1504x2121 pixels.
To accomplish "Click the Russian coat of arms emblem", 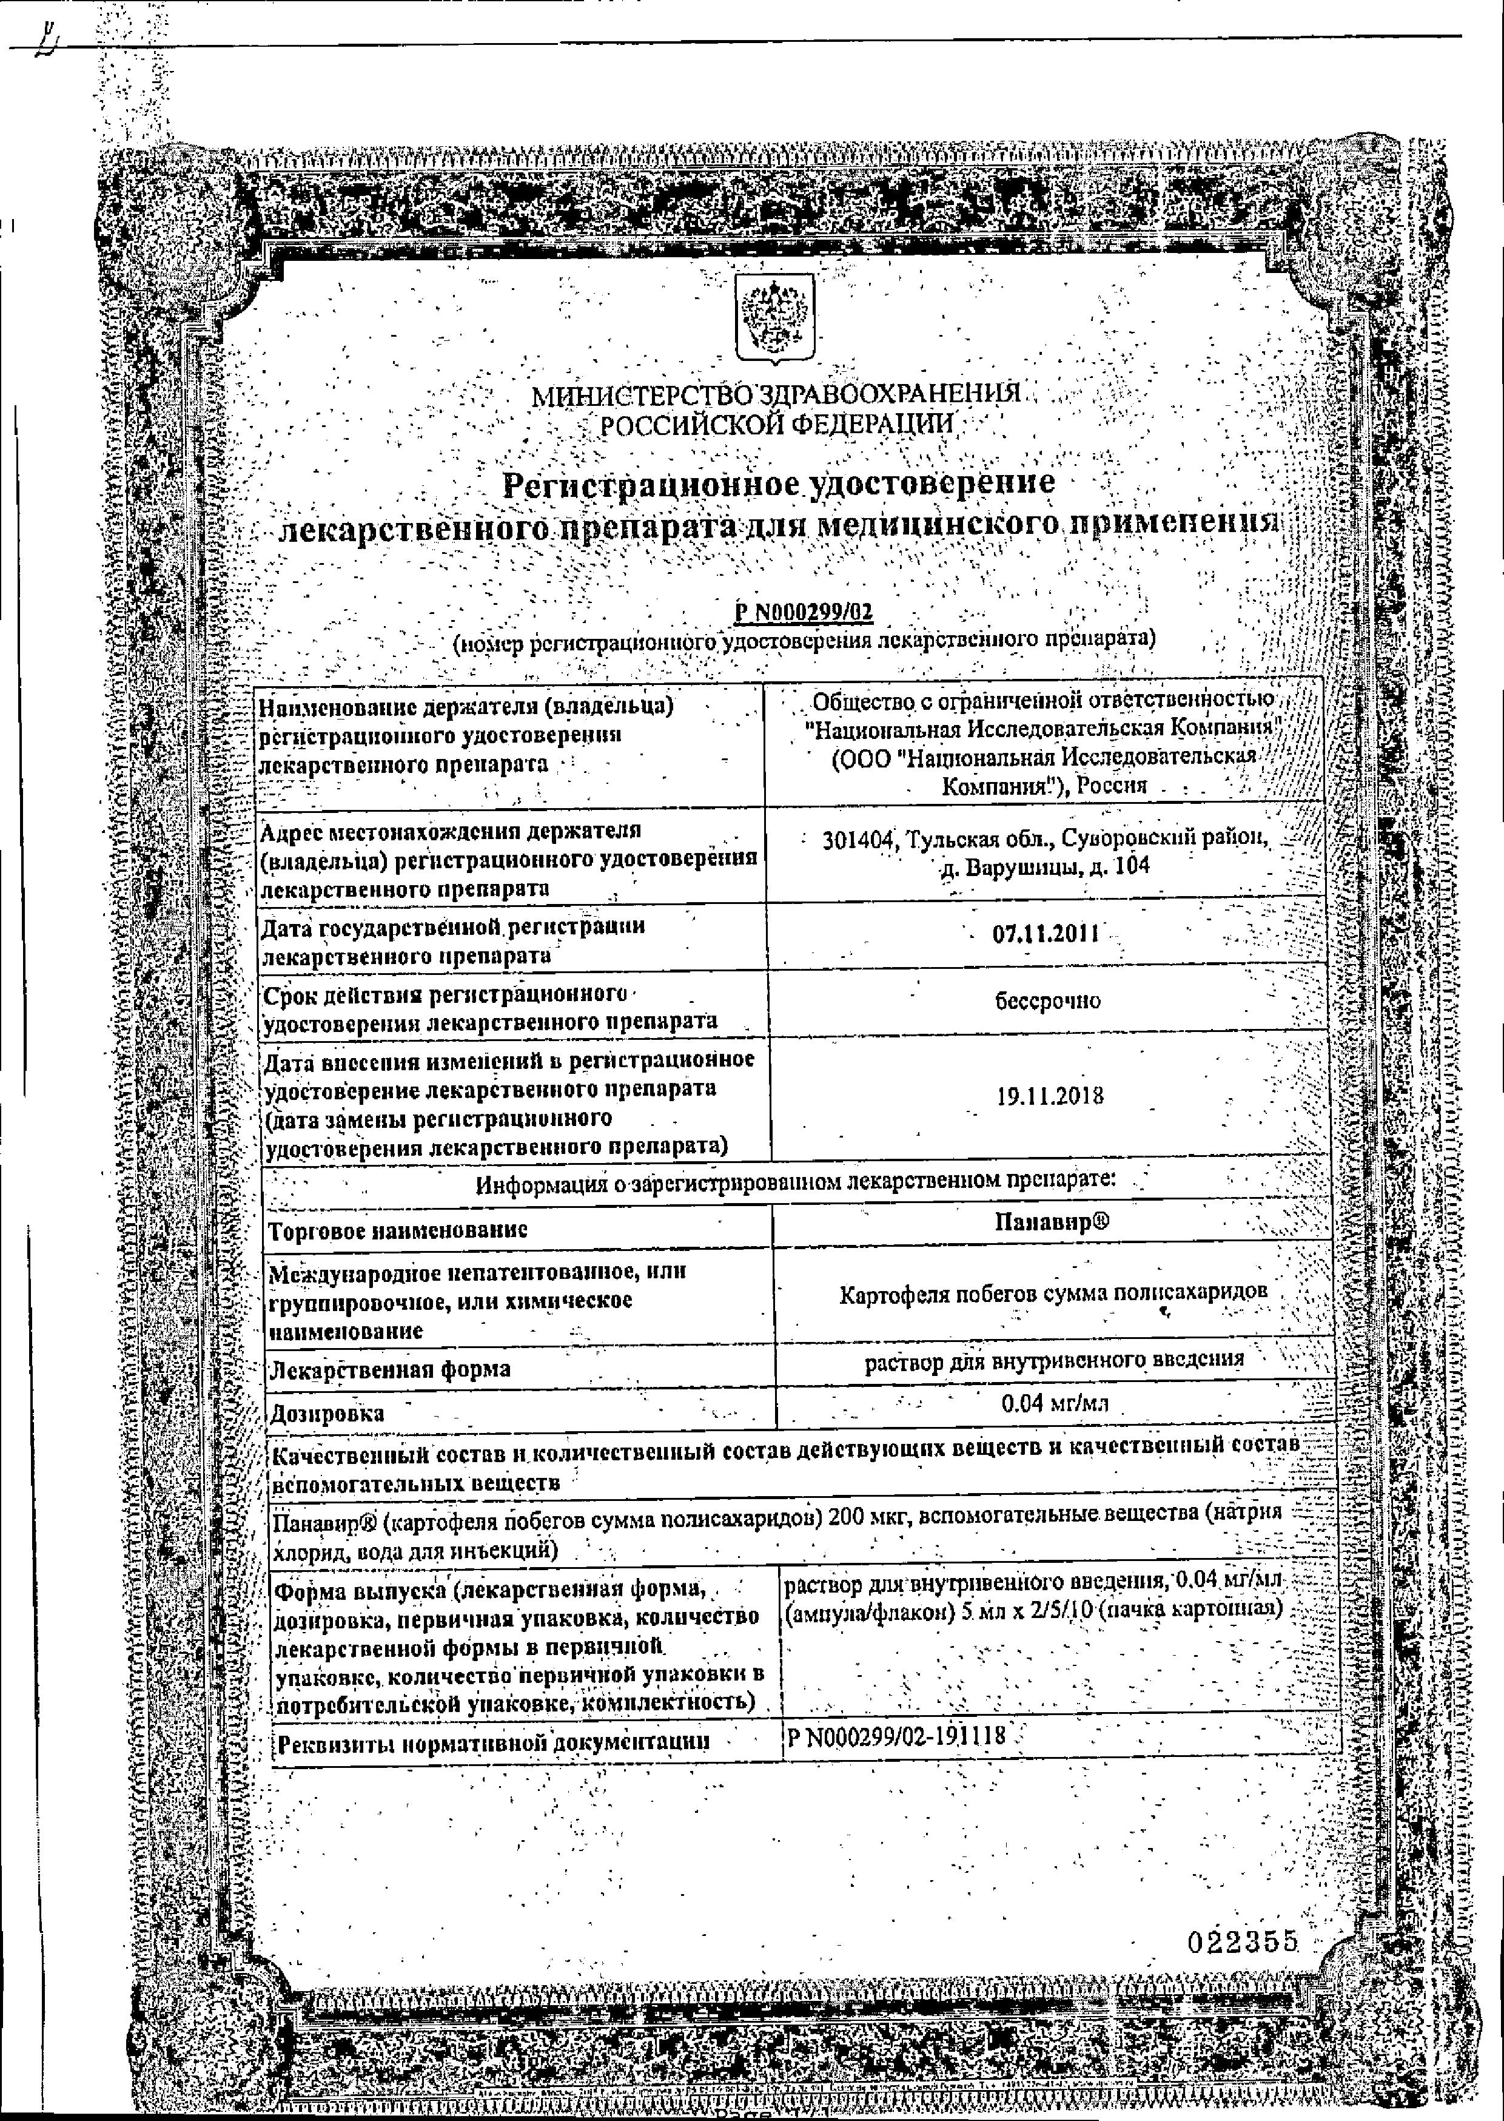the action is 775,316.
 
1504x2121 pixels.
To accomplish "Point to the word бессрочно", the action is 1047,1001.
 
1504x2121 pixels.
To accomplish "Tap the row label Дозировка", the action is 326,1414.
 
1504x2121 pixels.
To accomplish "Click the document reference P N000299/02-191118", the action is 896,1736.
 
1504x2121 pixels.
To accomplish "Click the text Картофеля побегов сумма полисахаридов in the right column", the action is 1053,1293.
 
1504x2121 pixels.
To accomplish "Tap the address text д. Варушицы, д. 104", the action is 1044,868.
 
